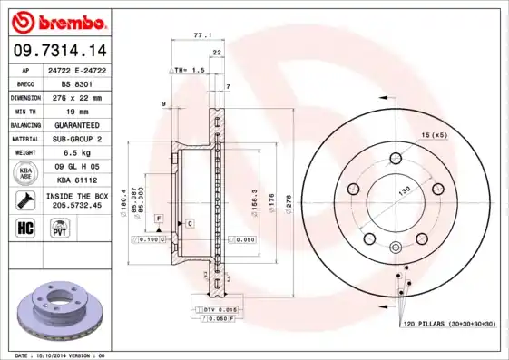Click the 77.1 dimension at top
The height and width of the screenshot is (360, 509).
click(x=201, y=35)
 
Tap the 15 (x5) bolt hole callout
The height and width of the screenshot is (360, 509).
click(x=433, y=136)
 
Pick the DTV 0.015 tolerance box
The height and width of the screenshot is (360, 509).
click(x=219, y=311)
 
